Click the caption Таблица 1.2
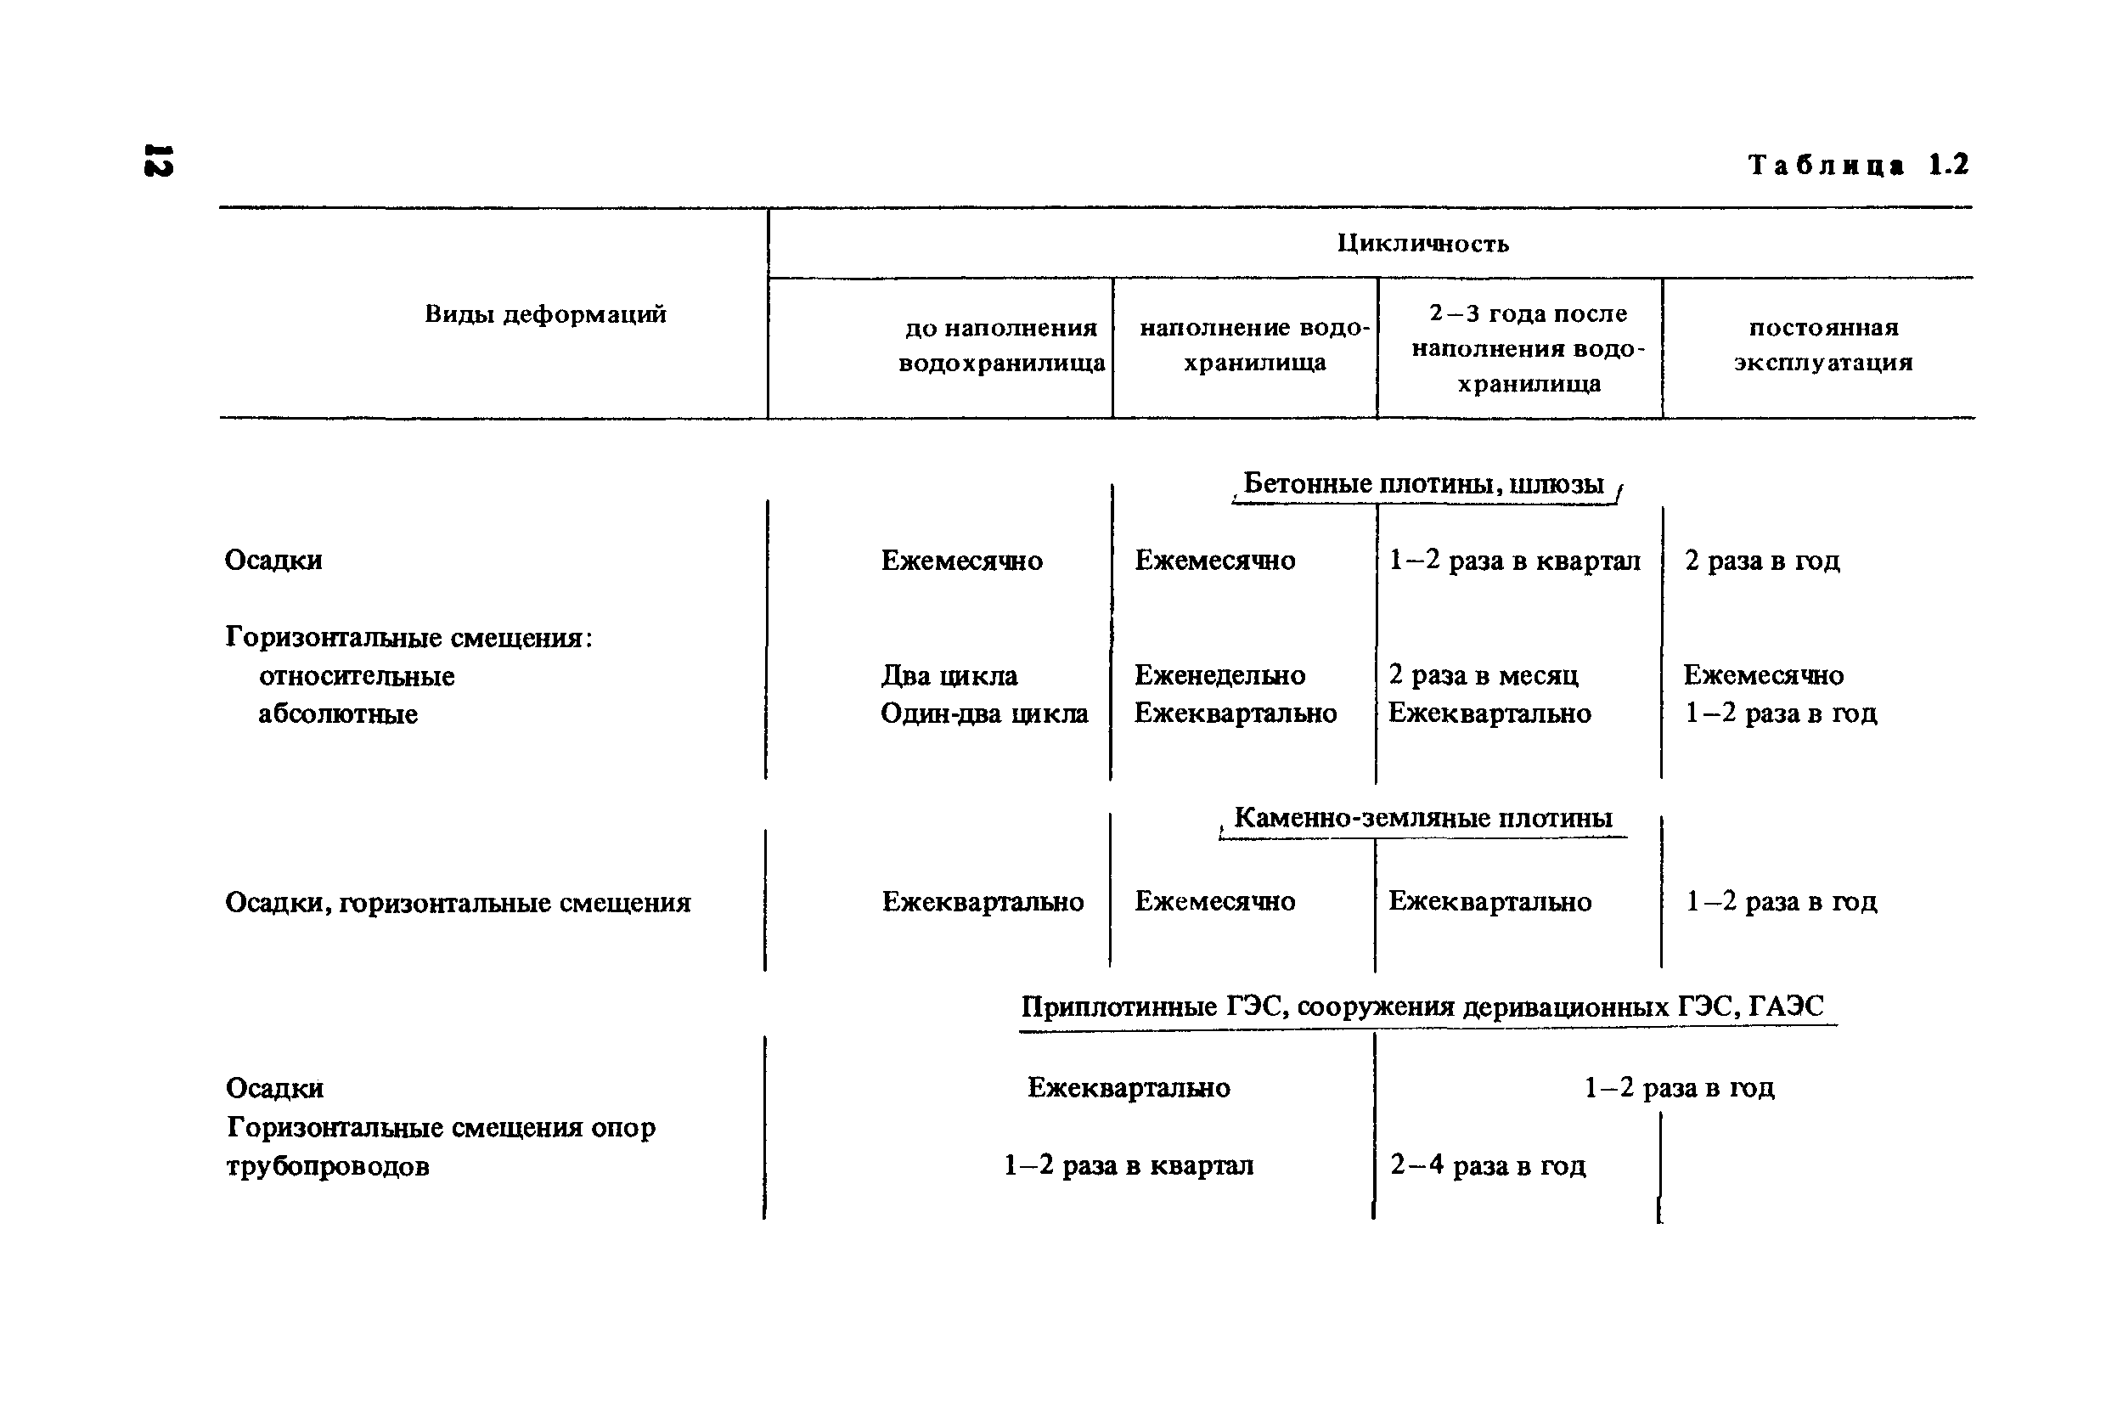click(x=1858, y=165)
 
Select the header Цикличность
click(x=1423, y=244)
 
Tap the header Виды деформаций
click(x=545, y=314)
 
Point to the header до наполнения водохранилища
click(x=1000, y=346)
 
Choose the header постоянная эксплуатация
click(x=1823, y=345)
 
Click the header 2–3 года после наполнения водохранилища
click(x=1528, y=348)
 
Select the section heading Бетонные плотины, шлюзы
click(x=1423, y=484)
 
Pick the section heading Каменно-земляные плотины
click(x=1423, y=817)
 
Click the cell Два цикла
click(x=949, y=675)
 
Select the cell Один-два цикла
click(x=983, y=713)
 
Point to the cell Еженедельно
click(x=1220, y=675)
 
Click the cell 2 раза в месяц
click(x=1483, y=675)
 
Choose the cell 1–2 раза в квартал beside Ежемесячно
click(x=1514, y=561)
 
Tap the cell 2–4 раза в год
click(x=1488, y=1165)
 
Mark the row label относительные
click(x=356, y=676)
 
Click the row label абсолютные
click(x=337, y=714)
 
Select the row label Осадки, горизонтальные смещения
click(x=458, y=903)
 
